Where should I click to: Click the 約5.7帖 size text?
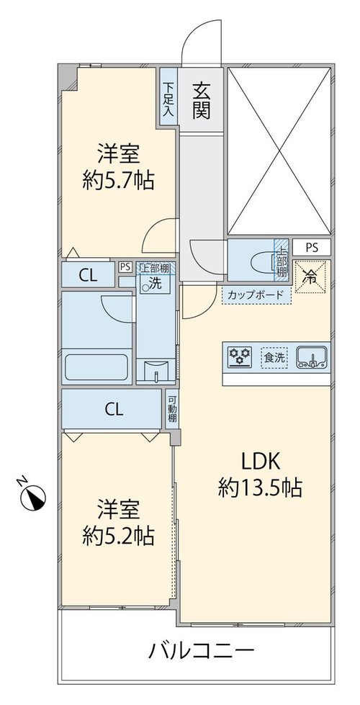click(118, 181)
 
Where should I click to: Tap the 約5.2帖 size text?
click(118, 536)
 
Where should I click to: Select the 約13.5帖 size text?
click(260, 488)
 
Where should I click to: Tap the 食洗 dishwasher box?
click(274, 358)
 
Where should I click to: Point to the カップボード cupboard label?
click(256, 295)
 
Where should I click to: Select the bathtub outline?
click(96, 367)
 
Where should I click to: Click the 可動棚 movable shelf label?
click(171, 408)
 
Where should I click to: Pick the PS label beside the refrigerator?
click(312, 247)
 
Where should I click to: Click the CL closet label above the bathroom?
click(88, 275)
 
